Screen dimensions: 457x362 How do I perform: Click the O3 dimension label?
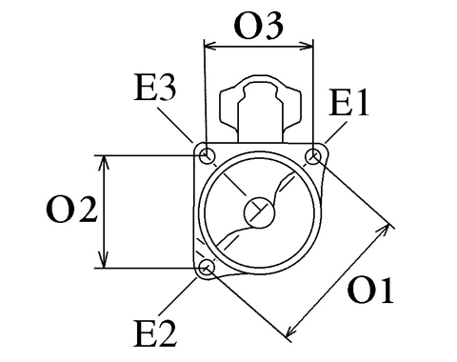point(258,27)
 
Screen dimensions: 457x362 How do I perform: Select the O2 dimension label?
point(71,210)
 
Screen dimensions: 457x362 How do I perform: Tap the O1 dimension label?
point(370,291)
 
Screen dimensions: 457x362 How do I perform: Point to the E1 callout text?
point(348,102)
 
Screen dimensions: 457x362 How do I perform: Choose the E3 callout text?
point(155,87)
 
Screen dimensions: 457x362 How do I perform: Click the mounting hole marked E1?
point(314,156)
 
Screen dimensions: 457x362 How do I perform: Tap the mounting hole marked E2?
point(207,268)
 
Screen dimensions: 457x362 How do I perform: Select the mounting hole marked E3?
point(208,156)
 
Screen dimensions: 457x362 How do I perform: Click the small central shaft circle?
point(259,212)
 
